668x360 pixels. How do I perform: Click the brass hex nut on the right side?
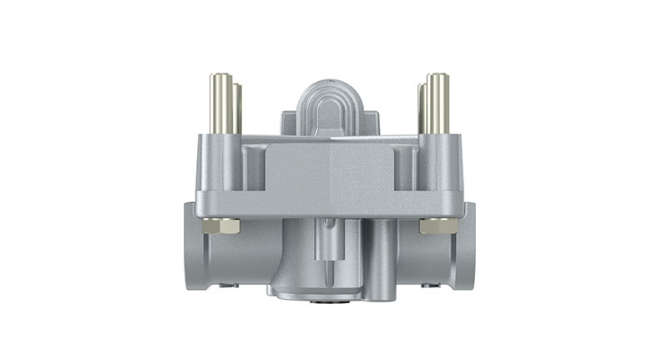(438, 226)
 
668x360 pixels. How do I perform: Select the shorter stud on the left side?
(238, 109)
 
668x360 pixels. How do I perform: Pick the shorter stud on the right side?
(423, 109)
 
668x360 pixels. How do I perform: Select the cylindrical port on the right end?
(468, 246)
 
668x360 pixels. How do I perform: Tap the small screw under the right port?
(431, 285)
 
